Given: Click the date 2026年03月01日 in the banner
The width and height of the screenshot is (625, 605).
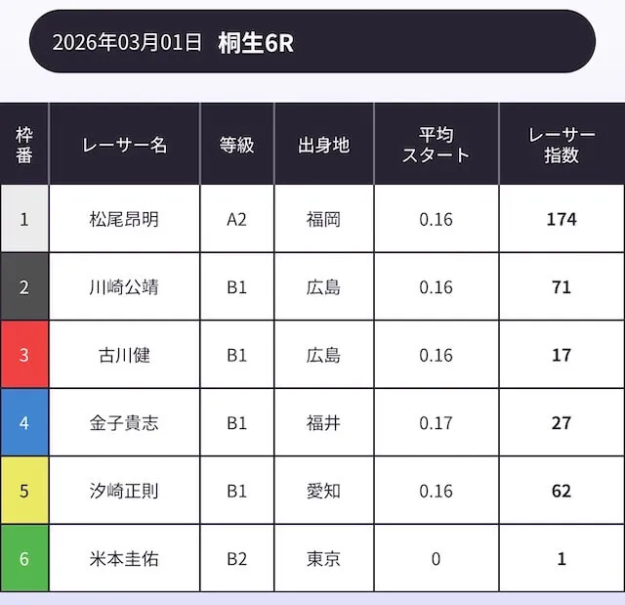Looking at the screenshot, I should pyautogui.click(x=127, y=42).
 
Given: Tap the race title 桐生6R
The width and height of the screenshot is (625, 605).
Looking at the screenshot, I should pyautogui.click(x=256, y=42).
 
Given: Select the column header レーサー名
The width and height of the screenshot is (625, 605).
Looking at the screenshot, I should pyautogui.click(x=124, y=145).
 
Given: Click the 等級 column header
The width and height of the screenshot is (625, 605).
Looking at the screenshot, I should pyautogui.click(x=236, y=145).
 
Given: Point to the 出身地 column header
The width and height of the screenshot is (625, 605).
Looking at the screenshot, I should pyautogui.click(x=323, y=145).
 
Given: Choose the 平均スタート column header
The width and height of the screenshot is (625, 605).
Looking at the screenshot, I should pyautogui.click(x=436, y=145).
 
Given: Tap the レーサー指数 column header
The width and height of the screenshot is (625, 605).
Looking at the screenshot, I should pyautogui.click(x=561, y=145).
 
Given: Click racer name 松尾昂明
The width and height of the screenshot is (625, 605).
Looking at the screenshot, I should pyautogui.click(x=124, y=219).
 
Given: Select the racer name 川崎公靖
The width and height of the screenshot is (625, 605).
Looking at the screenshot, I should pyautogui.click(x=124, y=287).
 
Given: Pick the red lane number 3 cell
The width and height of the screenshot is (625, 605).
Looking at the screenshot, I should pyautogui.click(x=24, y=355).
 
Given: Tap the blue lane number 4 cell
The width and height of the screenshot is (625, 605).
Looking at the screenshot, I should pyautogui.click(x=24, y=423).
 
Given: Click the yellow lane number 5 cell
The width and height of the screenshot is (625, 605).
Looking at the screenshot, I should pyautogui.click(x=24, y=491).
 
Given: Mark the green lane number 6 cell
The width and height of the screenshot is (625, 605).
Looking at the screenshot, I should pyautogui.click(x=24, y=559).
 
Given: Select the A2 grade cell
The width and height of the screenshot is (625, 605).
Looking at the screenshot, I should pyautogui.click(x=236, y=219).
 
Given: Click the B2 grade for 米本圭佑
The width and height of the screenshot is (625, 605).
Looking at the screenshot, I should pyautogui.click(x=236, y=559).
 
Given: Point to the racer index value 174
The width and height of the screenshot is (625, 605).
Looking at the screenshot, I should pyautogui.click(x=561, y=219).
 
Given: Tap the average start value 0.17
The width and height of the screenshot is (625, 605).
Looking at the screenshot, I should pyautogui.click(x=436, y=423).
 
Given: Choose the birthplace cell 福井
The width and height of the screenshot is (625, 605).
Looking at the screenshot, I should pyautogui.click(x=323, y=423).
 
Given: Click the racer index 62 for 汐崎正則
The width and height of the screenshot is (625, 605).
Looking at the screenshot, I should pyautogui.click(x=561, y=491).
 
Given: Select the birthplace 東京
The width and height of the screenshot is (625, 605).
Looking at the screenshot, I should pyautogui.click(x=323, y=559).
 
